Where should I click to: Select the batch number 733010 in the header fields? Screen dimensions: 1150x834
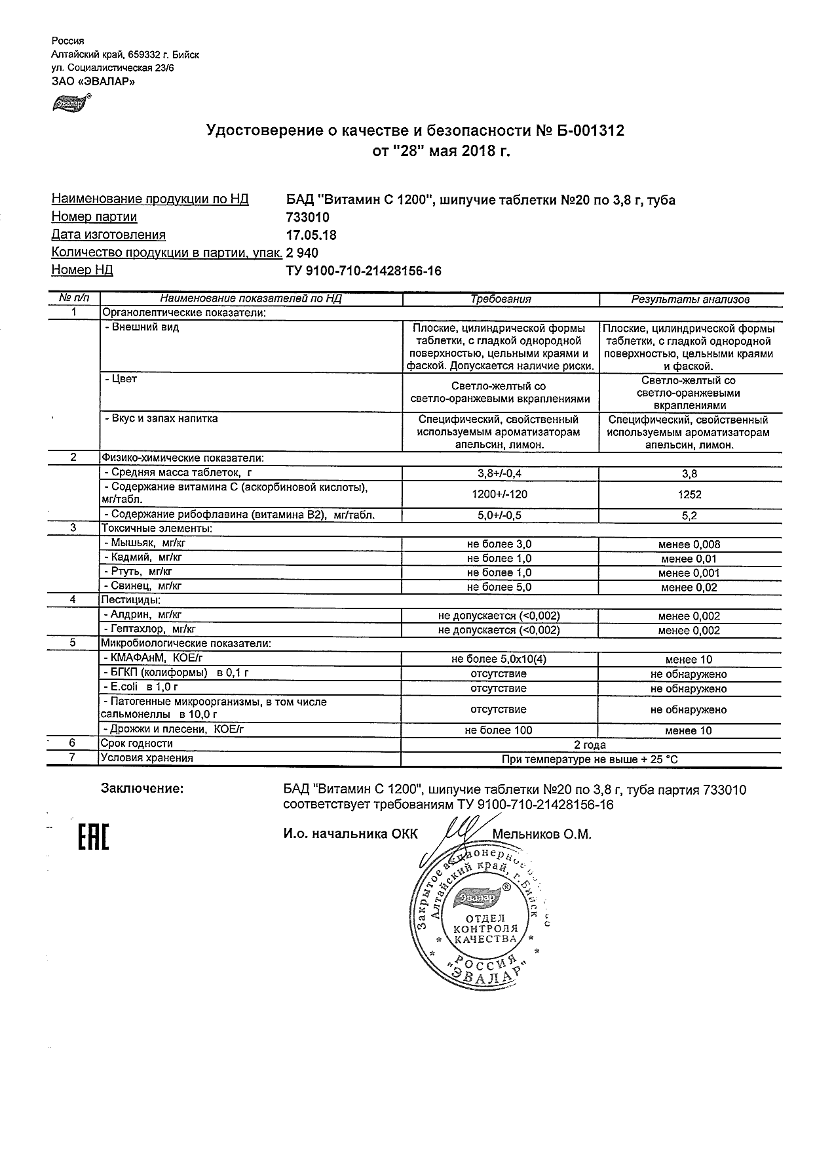pyautogui.click(x=308, y=217)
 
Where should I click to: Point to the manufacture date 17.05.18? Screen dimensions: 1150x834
pyautogui.click(x=312, y=235)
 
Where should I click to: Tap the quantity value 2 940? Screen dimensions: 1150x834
pyautogui.click(x=302, y=252)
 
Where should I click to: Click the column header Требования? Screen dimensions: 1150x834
pyautogui.click(x=501, y=299)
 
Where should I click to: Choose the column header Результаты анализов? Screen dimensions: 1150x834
pyautogui.click(x=690, y=299)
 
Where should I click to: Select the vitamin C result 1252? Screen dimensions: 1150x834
pyautogui.click(x=690, y=495)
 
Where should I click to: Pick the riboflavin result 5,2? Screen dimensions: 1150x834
pyautogui.click(x=689, y=516)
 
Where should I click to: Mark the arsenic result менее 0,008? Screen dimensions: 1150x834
pyautogui.click(x=689, y=544)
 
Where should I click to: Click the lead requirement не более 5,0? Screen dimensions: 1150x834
pyautogui.click(x=499, y=587)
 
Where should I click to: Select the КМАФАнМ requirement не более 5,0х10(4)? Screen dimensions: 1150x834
pyautogui.click(x=499, y=660)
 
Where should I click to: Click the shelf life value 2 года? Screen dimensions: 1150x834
pyautogui.click(x=590, y=745)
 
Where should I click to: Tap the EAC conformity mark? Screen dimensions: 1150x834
pyautogui.click(x=94, y=837)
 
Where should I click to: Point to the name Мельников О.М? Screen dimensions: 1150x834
pyautogui.click(x=542, y=835)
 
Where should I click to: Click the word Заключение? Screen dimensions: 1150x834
pyautogui.click(x=142, y=789)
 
